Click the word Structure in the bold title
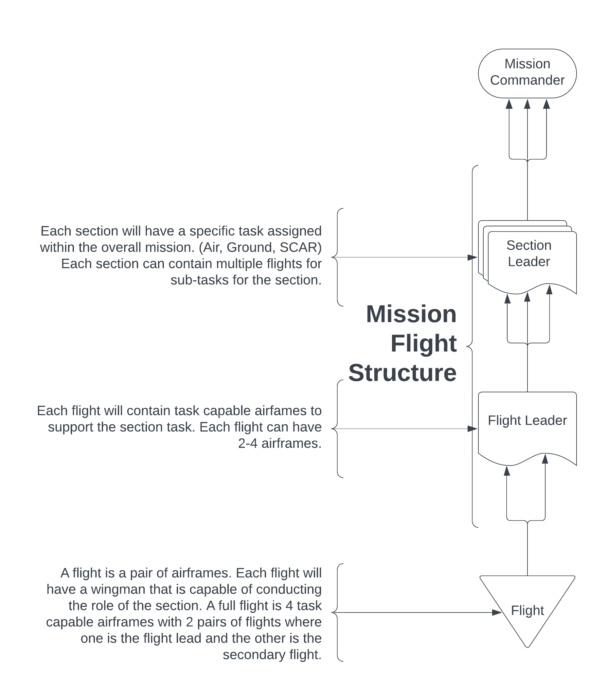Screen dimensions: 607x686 (x=402, y=373)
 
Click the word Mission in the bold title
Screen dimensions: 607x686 (x=411, y=314)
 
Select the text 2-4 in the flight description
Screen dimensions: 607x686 (x=248, y=443)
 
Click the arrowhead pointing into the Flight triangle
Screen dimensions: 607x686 (x=497, y=612)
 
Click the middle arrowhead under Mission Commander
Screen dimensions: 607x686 (x=527, y=104)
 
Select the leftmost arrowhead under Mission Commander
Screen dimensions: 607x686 (x=509, y=104)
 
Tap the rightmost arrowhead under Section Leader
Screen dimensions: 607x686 (x=549, y=290)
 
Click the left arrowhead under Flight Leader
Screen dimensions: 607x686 (x=507, y=471)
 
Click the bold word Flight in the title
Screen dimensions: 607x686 (x=423, y=343)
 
